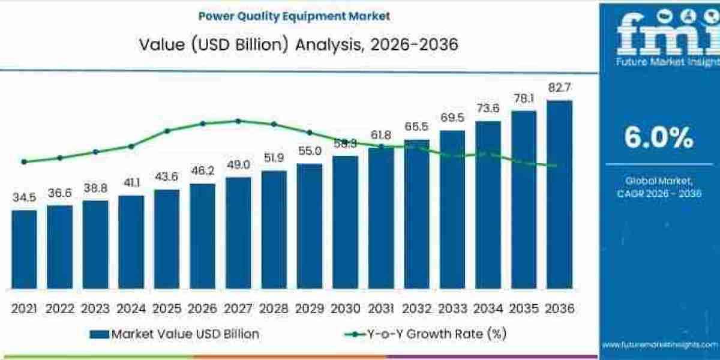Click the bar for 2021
[x=24, y=249]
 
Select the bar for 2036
[x=559, y=194]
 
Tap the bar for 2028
[x=274, y=229]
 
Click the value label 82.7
[x=559, y=88]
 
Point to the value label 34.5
[x=24, y=197]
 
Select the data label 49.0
[x=238, y=165]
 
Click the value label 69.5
[x=452, y=118]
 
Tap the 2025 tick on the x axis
[x=167, y=308]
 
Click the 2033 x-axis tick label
[x=452, y=308]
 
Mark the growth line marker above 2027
[x=238, y=121]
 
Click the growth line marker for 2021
[x=24, y=161]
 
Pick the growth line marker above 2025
[x=167, y=131]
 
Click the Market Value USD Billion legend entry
[x=175, y=334]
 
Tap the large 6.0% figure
[x=659, y=139]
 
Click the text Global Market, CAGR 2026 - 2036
[x=659, y=187]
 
